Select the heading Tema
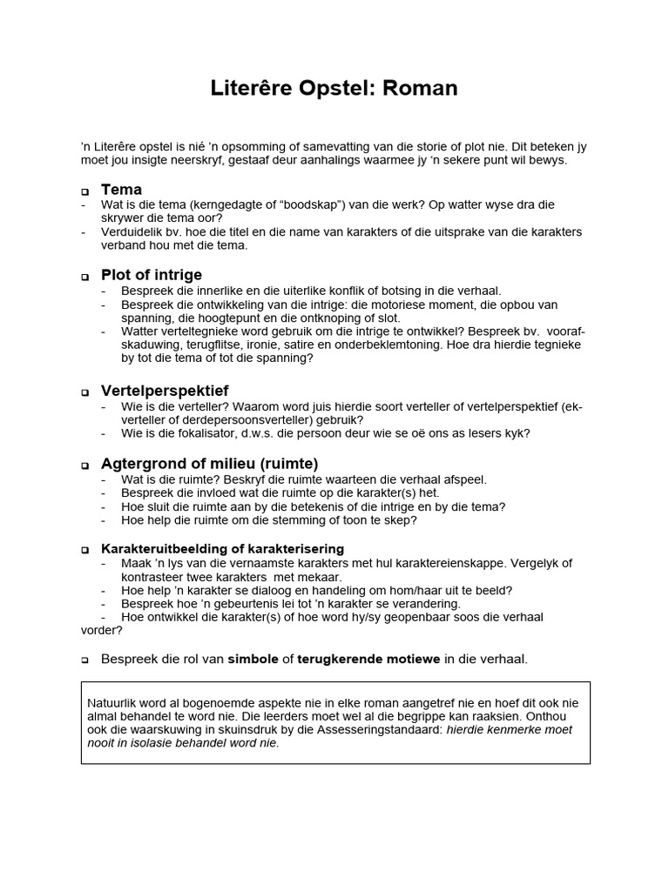[121, 190]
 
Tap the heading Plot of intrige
[152, 275]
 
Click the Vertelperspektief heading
[165, 391]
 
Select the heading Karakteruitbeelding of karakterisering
[222, 549]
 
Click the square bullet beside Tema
[85, 191]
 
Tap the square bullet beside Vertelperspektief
[85, 392]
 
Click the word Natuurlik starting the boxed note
[114, 703]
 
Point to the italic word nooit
[104, 743]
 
